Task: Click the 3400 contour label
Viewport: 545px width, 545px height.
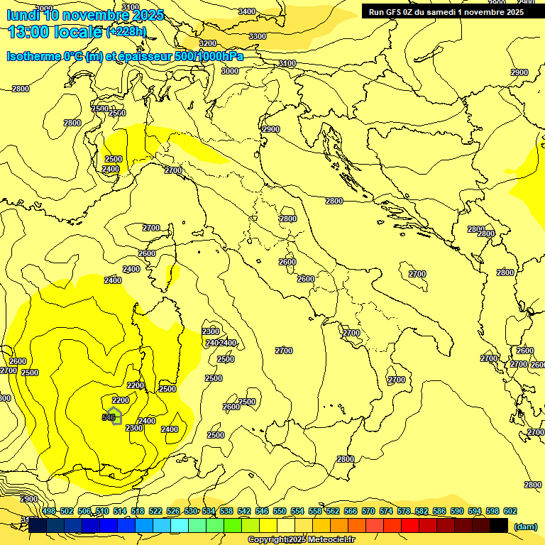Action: tap(246, 11)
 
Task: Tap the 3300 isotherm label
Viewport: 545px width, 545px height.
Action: tap(258, 36)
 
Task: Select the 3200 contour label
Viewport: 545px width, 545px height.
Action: tap(207, 44)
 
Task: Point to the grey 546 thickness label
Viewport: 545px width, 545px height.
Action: tap(109, 417)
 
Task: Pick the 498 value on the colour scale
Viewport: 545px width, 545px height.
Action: tap(49, 511)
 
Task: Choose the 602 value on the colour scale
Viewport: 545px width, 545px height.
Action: tap(510, 511)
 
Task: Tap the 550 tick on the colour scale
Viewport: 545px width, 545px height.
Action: tap(280, 511)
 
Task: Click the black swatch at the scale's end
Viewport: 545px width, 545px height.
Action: tap(499, 526)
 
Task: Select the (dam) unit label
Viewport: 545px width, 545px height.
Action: tap(525, 526)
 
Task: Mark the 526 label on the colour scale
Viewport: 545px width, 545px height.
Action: tap(173, 511)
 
